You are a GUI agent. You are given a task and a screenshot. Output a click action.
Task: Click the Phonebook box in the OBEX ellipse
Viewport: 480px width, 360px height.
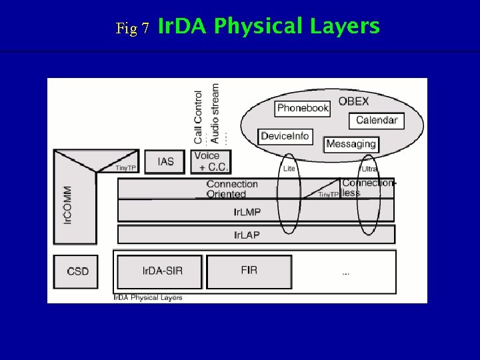click(x=303, y=108)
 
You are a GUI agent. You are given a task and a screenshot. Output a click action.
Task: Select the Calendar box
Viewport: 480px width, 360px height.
click(x=376, y=121)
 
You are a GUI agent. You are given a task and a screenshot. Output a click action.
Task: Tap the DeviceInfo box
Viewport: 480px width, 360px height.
click(x=285, y=136)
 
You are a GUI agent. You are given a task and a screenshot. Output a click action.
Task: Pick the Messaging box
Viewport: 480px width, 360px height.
click(x=351, y=144)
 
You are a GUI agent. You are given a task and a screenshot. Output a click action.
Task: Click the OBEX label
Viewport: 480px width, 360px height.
click(x=353, y=101)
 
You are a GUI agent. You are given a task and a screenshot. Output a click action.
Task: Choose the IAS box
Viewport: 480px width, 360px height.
click(x=166, y=161)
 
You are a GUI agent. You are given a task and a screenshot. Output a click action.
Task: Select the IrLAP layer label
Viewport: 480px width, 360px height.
click(x=247, y=235)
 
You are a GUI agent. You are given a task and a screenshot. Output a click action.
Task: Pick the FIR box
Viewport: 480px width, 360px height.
click(x=249, y=271)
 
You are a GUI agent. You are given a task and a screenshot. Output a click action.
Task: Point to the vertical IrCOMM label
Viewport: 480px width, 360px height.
click(x=68, y=205)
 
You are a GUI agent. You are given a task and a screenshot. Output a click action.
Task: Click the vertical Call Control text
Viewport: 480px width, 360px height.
click(x=198, y=117)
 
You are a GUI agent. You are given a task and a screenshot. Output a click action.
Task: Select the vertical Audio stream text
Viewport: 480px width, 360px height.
click(x=215, y=113)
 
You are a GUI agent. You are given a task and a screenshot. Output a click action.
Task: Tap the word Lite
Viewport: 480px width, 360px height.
click(x=289, y=169)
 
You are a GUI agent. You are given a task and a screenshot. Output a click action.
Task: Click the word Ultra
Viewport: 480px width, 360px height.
click(x=369, y=169)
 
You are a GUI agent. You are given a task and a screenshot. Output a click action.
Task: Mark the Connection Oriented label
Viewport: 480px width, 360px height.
click(x=231, y=189)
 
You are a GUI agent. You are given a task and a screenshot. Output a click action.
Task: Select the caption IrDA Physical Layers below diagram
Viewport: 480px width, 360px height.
click(x=147, y=297)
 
